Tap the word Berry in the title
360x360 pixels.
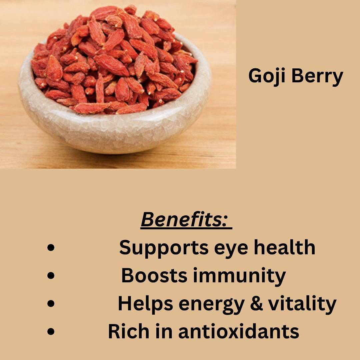click(x=317, y=76)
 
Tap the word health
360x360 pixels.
click(x=284, y=247)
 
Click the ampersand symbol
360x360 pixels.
click(x=256, y=303)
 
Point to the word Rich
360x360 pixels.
click(x=129, y=331)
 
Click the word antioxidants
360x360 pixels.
click(x=239, y=331)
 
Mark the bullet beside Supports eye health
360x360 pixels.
click(x=51, y=247)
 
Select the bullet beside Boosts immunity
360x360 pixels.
click(x=51, y=276)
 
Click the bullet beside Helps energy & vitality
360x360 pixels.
click(x=51, y=304)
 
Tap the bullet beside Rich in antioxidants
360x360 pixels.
click(x=51, y=332)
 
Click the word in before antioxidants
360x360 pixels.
click(x=164, y=331)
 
